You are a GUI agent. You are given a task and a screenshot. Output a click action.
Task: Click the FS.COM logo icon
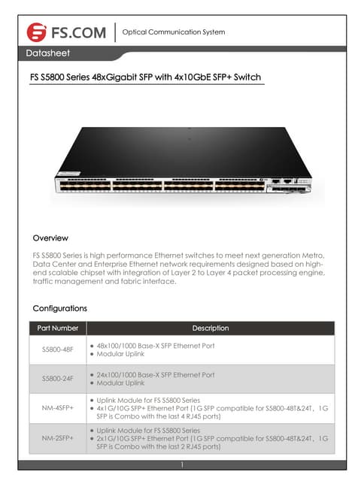pyautogui.click(x=36, y=32)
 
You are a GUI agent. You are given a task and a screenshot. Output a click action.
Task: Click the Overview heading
pyautogui.click(x=50, y=238)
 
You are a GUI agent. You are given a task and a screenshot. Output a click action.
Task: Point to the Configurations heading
pyautogui.click(x=60, y=308)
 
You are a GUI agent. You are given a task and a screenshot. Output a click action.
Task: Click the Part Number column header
pyautogui.click(x=58, y=328)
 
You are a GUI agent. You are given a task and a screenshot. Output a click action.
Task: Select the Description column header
pyautogui.click(x=211, y=328)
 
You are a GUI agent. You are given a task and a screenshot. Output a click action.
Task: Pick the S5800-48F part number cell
pyautogui.click(x=58, y=349)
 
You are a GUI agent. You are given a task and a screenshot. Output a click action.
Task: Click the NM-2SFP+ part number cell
pyautogui.click(x=58, y=437)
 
